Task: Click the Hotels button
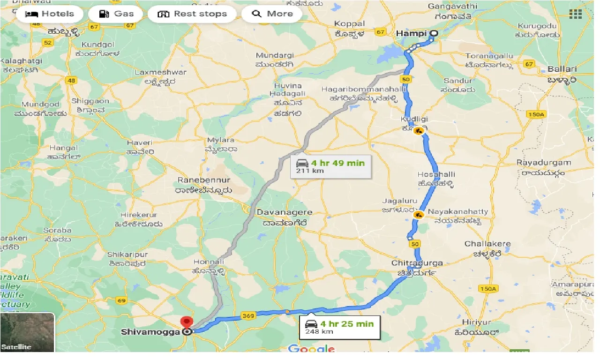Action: pos(49,14)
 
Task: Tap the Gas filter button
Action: pos(117,14)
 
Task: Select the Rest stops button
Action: pos(192,14)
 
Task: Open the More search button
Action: pos(272,14)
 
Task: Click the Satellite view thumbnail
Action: pos(27,332)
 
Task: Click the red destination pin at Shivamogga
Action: pos(187,322)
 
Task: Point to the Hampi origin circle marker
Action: pos(434,33)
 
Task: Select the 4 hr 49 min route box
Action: pos(330,166)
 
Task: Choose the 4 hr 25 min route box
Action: pos(339,327)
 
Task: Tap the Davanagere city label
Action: pos(284,212)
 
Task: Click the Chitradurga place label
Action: pos(417,263)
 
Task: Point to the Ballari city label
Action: pos(562,69)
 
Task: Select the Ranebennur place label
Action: pos(204,180)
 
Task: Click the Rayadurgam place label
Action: pos(544,163)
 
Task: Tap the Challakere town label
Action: pos(487,244)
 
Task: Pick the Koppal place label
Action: pos(349,23)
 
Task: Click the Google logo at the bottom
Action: pos(312,349)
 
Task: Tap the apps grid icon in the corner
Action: pos(576,14)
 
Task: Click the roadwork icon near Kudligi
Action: pos(419,132)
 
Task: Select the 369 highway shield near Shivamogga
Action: pos(248,316)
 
